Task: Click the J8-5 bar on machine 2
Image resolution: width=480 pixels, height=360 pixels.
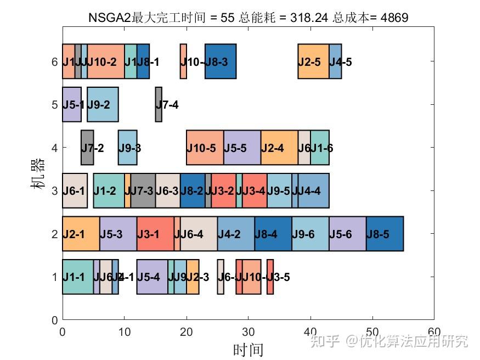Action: pyautogui.click(x=385, y=234)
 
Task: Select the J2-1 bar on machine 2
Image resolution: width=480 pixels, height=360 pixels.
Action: pyautogui.click(x=81, y=234)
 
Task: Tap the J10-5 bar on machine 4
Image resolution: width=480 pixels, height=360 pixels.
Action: pyautogui.click(x=205, y=148)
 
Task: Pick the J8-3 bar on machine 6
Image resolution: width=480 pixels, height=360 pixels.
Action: pyautogui.click(x=221, y=61)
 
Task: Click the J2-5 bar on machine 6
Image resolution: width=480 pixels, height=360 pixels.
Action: pyautogui.click(x=313, y=61)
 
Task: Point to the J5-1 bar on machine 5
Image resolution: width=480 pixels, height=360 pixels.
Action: pyautogui.click(x=71, y=104)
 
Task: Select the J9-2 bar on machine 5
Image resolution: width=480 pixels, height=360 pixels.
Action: pyautogui.click(x=103, y=104)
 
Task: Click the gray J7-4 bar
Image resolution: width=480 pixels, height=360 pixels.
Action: pyautogui.click(x=159, y=104)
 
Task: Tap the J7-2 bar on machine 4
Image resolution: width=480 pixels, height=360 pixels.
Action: pyautogui.click(x=87, y=148)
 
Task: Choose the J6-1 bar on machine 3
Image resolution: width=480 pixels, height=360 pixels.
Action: pyautogui.click(x=75, y=190)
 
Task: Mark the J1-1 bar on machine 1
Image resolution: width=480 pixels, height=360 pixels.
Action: pyautogui.click(x=77, y=277)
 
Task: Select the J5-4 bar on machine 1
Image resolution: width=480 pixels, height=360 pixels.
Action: pyautogui.click(x=152, y=277)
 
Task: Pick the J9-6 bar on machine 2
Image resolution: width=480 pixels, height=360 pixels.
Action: pyautogui.click(x=310, y=234)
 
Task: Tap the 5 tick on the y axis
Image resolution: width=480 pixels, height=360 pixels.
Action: pyautogui.click(x=54, y=104)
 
